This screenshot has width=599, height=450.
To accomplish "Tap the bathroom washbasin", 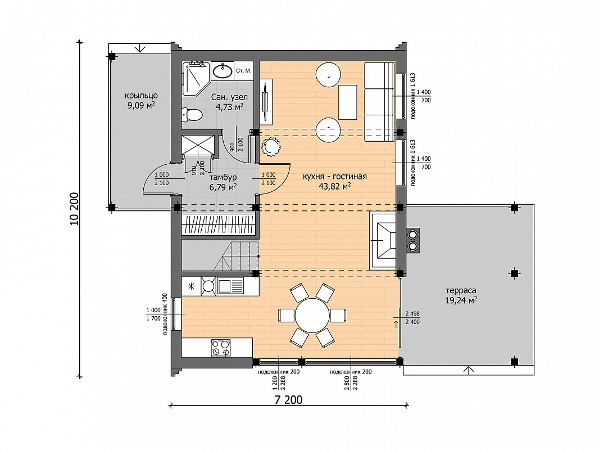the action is [x=222, y=71].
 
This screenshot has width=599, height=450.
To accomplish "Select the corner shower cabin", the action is [x=196, y=78].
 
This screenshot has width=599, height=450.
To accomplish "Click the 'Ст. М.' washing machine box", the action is [x=243, y=71].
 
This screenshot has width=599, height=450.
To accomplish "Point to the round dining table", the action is [x=312, y=316].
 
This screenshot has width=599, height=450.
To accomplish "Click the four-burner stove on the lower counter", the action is [x=221, y=348].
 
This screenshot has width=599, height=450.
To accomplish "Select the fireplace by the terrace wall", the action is [x=383, y=241].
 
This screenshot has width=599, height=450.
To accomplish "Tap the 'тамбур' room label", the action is [x=223, y=177].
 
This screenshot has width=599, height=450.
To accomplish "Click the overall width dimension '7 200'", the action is [x=288, y=399].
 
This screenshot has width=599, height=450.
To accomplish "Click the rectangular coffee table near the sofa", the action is [x=348, y=102].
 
